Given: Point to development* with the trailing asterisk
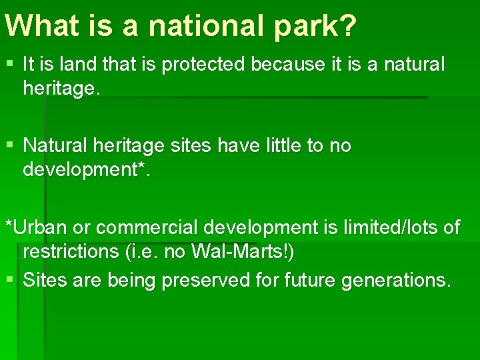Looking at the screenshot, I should point(87,169).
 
